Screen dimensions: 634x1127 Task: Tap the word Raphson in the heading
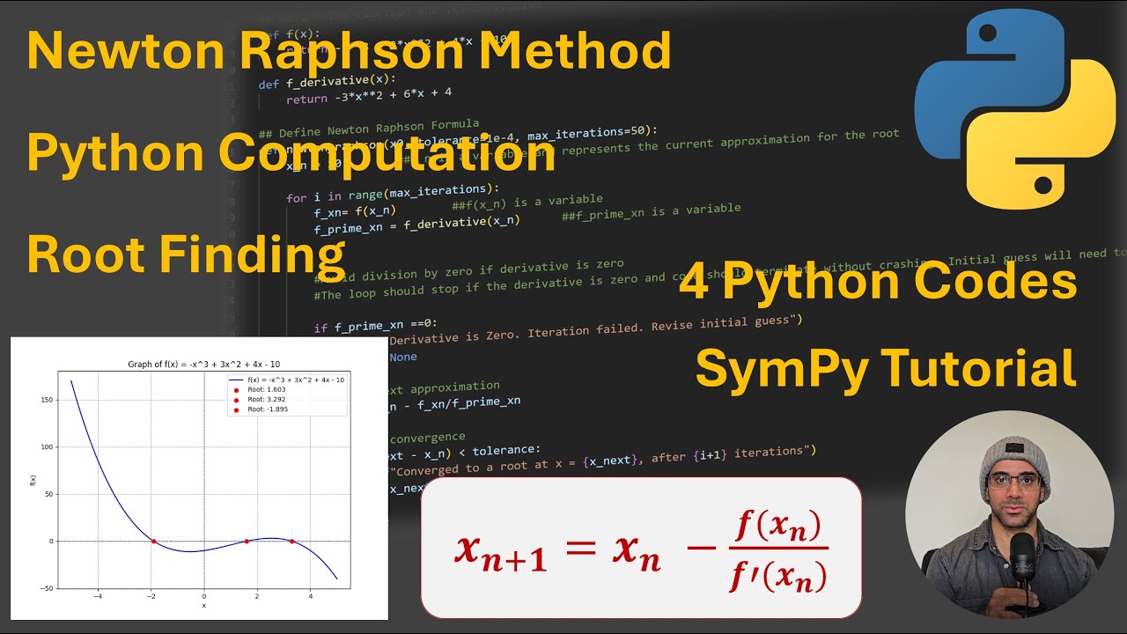[x=344, y=52]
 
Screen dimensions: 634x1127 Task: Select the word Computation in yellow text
[x=387, y=154]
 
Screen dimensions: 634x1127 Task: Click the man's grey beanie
[x=1013, y=449]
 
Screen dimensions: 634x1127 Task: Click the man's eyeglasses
[x=1013, y=481]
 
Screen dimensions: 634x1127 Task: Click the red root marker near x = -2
[x=153, y=542]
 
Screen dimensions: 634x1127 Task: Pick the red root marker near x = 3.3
[x=291, y=542]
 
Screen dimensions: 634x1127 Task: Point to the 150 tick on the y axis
[x=47, y=400]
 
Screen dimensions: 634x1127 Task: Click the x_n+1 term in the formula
[x=500, y=550]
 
